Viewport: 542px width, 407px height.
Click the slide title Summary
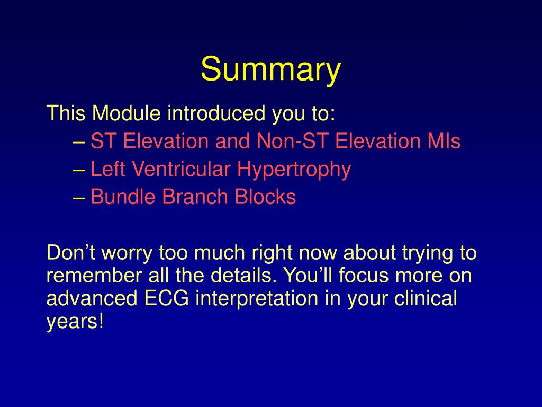click(x=270, y=69)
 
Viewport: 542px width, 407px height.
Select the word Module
click(x=126, y=113)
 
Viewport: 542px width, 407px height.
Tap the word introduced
click(x=216, y=113)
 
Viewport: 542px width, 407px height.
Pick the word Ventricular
click(x=181, y=169)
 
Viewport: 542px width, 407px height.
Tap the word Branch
click(x=195, y=197)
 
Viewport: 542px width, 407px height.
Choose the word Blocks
click(x=265, y=197)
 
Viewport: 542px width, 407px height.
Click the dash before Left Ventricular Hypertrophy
click(x=79, y=170)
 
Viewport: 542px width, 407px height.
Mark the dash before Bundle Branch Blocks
click(x=79, y=198)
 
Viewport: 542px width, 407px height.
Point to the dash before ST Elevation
click(x=79, y=142)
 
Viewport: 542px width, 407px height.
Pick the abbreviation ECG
click(x=167, y=298)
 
